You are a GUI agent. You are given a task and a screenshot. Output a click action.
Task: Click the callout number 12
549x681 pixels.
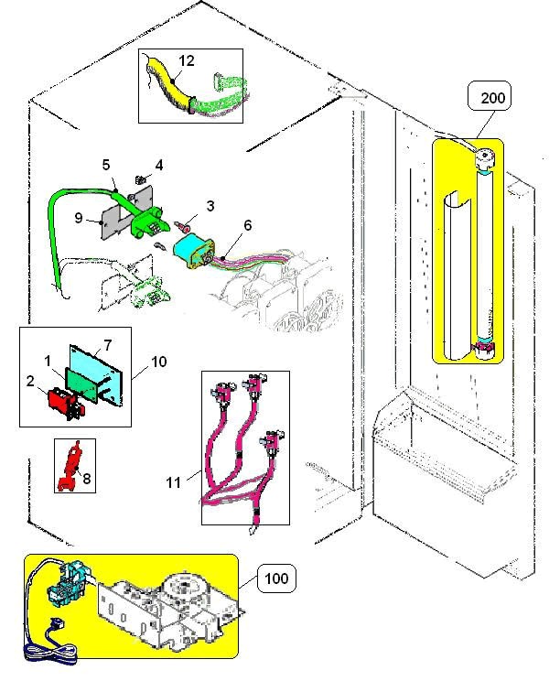pos(187,60)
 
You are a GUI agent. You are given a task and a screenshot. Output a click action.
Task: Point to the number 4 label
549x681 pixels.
pos(158,166)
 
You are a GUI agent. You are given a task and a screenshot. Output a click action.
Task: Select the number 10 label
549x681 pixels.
pos(158,362)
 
